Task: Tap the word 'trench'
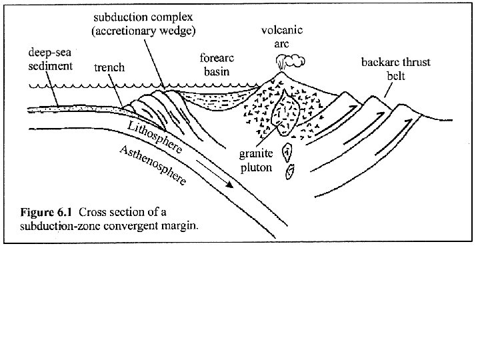pos(109,67)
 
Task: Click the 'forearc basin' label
pos(215,65)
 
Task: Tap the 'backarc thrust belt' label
pos(396,69)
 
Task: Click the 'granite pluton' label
pos(256,161)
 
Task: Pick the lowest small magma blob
pos(289,171)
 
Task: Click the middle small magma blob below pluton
pos(287,151)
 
